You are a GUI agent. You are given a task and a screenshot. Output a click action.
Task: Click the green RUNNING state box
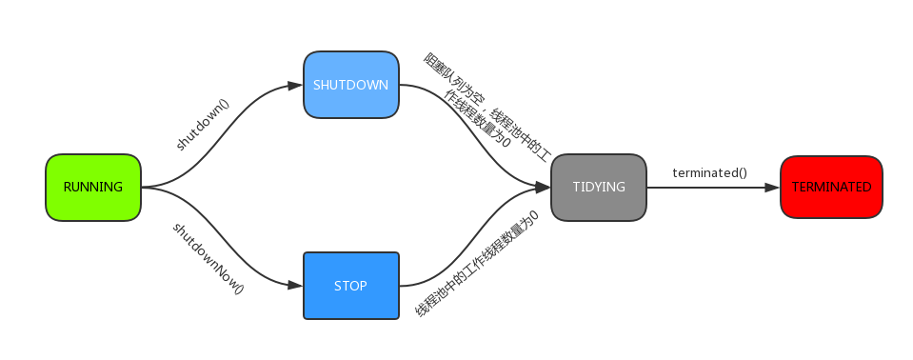click(93, 188)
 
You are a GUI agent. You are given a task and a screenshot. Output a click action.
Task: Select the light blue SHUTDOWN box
click(350, 85)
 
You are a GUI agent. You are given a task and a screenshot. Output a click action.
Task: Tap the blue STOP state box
click(350, 286)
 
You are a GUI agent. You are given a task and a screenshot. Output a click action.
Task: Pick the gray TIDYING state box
click(599, 187)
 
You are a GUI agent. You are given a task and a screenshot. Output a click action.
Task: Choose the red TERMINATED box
click(831, 188)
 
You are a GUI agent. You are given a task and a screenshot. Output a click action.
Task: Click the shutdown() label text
click(204, 123)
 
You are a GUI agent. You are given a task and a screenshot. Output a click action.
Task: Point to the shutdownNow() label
click(208, 258)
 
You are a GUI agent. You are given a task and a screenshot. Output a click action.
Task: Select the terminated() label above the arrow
click(709, 172)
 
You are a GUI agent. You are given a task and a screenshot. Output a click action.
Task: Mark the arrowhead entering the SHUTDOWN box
click(296, 85)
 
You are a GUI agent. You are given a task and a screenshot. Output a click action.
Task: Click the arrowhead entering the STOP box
click(296, 286)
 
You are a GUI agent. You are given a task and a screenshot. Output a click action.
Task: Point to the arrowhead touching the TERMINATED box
click(772, 188)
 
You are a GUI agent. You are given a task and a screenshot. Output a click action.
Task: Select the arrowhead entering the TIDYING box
click(544, 187)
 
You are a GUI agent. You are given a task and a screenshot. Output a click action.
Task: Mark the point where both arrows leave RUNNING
click(143, 188)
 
